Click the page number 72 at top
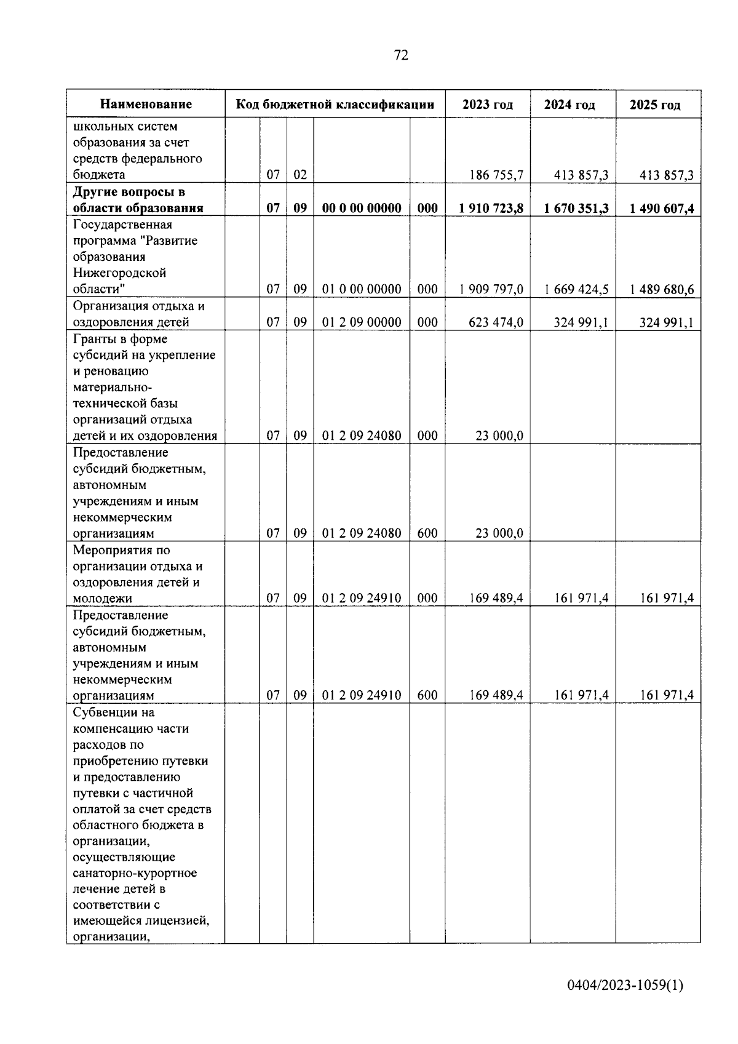point(400,55)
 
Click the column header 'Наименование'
point(146,105)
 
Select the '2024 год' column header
point(569,105)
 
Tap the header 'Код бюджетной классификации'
point(335,105)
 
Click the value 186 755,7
point(496,175)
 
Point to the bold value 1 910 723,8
point(491,209)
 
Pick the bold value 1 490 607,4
point(661,209)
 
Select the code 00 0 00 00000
point(362,209)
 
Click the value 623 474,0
point(496,322)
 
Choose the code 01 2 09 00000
point(362,322)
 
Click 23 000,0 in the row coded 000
point(499,436)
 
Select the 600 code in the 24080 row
point(427,533)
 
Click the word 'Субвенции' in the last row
point(105,713)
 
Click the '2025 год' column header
point(655,105)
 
